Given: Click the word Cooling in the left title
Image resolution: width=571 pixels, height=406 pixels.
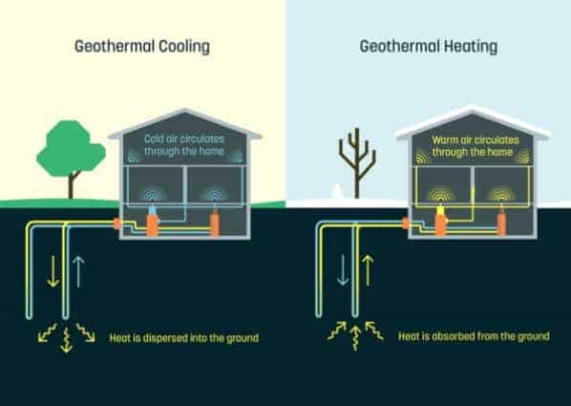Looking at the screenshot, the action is click(184, 47).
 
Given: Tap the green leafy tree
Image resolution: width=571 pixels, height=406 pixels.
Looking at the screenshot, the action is click(71, 153).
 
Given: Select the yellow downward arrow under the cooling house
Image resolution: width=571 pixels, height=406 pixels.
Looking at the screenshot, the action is click(53, 271).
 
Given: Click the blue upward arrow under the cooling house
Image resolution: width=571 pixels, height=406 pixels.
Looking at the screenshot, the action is click(78, 271).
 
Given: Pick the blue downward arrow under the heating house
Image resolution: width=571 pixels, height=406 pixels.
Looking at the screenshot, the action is click(343, 269).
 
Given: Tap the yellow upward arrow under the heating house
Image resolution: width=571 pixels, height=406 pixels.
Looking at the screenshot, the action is click(368, 270).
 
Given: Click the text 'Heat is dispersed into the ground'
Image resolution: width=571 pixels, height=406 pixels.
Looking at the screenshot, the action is click(184, 338).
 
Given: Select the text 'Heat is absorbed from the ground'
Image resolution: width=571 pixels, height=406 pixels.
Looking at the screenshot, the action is click(474, 336).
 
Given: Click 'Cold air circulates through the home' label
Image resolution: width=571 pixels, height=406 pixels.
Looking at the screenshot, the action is click(184, 144).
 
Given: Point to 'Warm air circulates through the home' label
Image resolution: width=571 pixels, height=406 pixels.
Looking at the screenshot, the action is click(476, 146).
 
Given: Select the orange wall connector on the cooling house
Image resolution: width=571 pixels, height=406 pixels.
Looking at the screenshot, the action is click(116, 224).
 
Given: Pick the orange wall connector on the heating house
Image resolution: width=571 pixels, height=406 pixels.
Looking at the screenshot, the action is click(406, 223).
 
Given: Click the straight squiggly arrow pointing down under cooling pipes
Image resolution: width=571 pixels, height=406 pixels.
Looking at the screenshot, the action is click(66, 340).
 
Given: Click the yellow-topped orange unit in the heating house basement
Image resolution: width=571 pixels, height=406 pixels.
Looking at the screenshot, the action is click(441, 220).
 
